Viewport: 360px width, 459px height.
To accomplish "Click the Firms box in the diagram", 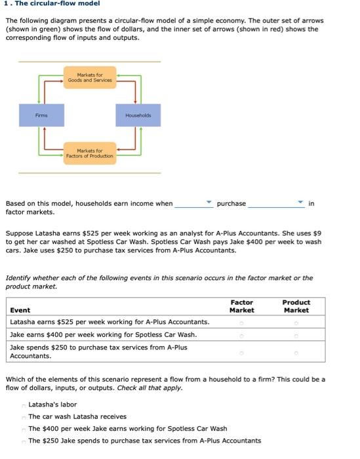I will pos(41,115).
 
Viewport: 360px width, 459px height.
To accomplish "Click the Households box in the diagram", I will pos(138,115).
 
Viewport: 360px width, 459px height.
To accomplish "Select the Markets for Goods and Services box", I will pos(90,78).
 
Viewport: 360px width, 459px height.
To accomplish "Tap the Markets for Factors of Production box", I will pos(90,153).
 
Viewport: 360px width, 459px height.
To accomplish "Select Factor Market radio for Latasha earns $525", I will pos(242,322).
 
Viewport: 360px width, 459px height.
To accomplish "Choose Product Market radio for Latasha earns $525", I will pos(296,322).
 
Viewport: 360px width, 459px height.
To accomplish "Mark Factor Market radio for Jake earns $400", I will pos(242,335).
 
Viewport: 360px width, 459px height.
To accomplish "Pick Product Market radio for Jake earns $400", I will pos(296,335).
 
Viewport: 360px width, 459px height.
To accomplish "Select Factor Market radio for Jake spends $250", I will pos(242,352).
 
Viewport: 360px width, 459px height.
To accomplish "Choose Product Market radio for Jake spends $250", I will pos(296,352).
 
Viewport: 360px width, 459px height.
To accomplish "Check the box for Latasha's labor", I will pos(24,405).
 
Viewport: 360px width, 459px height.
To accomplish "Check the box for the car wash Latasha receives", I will pos(24,417).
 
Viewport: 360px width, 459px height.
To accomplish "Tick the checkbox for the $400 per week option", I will pos(24,429).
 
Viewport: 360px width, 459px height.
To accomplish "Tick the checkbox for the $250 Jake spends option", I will pos(24,441).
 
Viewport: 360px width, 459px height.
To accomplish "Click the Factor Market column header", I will pos(242,306).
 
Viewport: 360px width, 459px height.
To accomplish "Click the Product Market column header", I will pos(296,306).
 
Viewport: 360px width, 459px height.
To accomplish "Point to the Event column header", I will pos(20,310).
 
